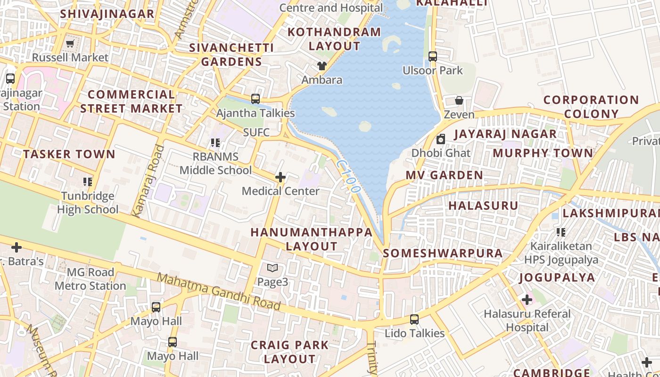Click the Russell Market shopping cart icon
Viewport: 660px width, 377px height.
pos(70,44)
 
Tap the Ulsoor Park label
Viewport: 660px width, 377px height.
pos(433,71)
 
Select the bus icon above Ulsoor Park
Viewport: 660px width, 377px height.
pos(433,57)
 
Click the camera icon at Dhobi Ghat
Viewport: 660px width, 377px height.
pos(441,139)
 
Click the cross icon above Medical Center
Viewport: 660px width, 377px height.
pos(280,177)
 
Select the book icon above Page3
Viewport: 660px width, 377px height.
pos(272,268)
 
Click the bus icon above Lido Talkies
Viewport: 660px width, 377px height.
pos(414,320)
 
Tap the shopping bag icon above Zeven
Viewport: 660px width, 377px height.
pos(459,100)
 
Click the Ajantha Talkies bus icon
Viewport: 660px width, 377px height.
pos(256,99)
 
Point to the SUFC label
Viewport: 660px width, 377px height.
pos(256,132)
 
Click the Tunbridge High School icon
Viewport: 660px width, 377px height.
pos(87,182)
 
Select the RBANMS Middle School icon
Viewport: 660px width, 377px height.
pos(215,142)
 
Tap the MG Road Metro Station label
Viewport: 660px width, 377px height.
pos(91,279)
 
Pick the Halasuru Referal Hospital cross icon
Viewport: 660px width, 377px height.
pos(527,300)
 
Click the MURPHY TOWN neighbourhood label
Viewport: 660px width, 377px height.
pos(543,153)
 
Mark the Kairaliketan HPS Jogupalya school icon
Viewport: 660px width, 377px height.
pos(561,232)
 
